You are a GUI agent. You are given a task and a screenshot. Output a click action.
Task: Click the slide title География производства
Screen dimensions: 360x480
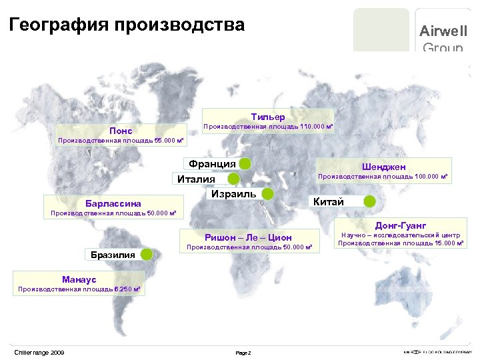coord(127,25)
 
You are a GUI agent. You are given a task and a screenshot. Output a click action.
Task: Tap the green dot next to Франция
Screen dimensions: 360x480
coord(245,164)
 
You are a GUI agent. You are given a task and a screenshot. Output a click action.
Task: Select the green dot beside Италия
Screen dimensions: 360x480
coord(233,179)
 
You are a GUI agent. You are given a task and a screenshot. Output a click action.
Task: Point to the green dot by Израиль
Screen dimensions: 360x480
coord(267,194)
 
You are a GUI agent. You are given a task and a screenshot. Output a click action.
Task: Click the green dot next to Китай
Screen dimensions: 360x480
coord(369,201)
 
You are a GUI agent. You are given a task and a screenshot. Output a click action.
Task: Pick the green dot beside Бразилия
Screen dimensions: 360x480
coord(147,254)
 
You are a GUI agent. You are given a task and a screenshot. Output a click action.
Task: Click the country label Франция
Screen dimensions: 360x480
coord(212,164)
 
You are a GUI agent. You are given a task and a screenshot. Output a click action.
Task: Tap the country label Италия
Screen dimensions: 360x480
coord(196,179)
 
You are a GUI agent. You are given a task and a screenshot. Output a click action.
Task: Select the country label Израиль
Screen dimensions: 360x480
coord(233,193)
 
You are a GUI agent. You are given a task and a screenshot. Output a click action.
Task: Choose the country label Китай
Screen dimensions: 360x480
coord(329,201)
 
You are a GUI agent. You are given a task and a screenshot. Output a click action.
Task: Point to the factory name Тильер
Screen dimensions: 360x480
coord(268,117)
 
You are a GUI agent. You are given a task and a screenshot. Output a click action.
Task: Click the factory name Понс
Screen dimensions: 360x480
coord(121,131)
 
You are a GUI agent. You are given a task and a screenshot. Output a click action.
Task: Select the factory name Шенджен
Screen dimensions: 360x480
coord(384,166)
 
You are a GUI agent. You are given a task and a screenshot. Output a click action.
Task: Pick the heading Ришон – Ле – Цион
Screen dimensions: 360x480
coord(248,237)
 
